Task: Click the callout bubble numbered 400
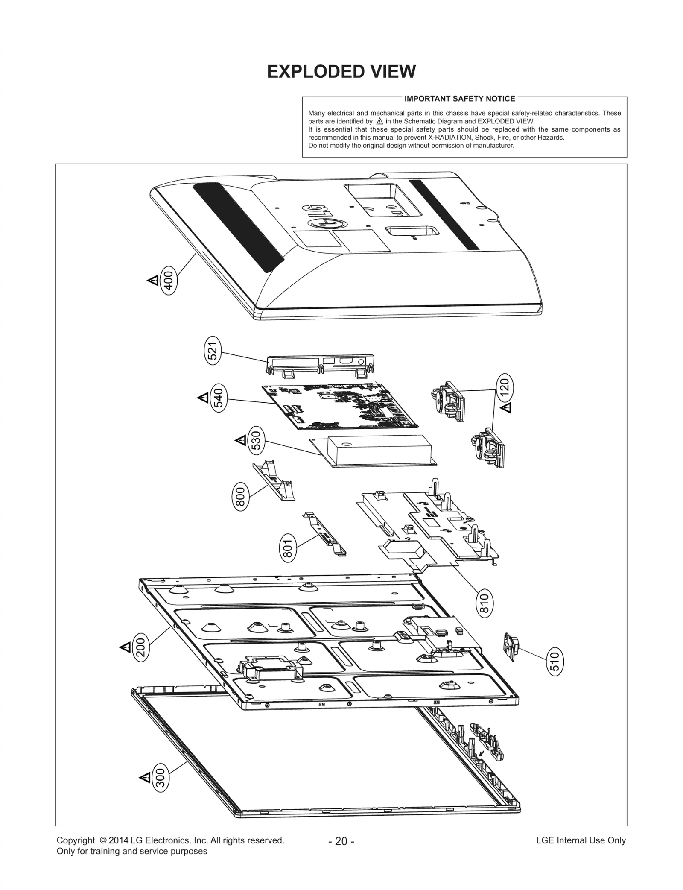(x=168, y=281)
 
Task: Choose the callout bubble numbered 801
(x=288, y=548)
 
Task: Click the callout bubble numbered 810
(x=484, y=603)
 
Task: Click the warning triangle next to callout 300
(x=145, y=778)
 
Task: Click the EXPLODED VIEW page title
(x=341, y=72)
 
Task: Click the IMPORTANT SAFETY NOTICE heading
(x=459, y=99)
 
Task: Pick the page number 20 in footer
(x=341, y=841)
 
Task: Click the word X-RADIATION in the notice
(x=450, y=138)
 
